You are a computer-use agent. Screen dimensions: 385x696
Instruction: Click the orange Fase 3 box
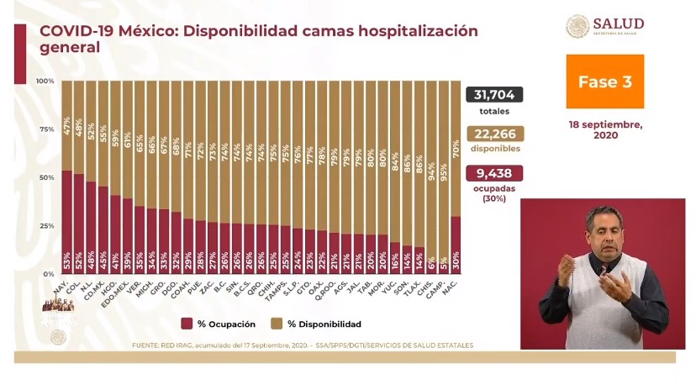[604, 82]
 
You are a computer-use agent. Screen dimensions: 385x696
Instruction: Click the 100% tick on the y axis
[45, 81]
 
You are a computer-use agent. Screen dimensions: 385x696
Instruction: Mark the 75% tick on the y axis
[46, 129]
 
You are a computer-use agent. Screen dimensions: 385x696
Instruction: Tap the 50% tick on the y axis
[46, 178]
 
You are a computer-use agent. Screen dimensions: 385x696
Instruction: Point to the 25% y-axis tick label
[46, 226]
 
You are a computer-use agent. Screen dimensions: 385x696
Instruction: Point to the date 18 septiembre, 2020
[604, 129]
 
